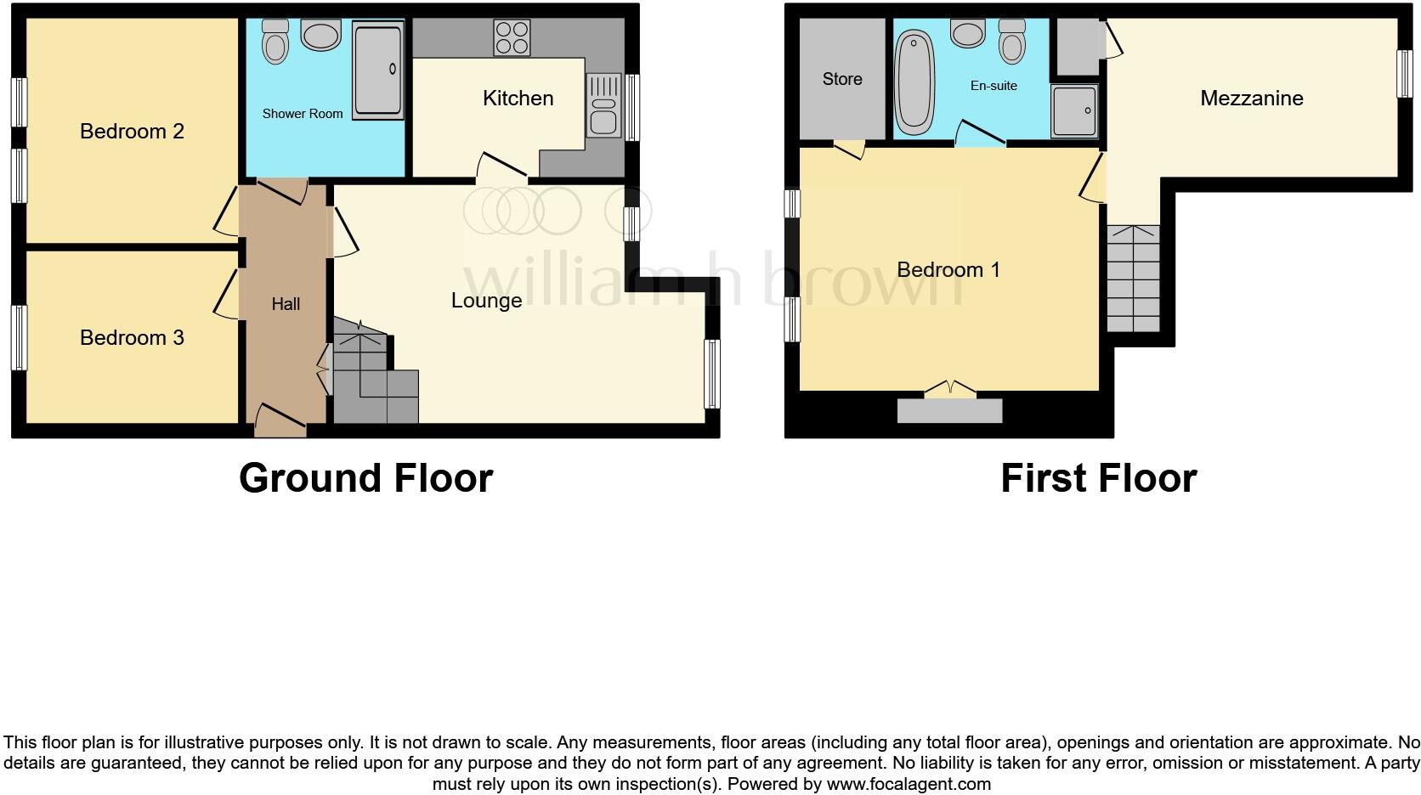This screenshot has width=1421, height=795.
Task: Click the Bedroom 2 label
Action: [x=132, y=132]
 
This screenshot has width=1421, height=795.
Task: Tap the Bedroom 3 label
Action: [x=132, y=338]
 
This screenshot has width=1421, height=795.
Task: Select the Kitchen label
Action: [x=518, y=99]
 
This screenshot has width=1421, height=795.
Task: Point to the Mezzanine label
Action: [x=1251, y=99]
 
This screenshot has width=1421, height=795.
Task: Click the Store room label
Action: [x=841, y=79]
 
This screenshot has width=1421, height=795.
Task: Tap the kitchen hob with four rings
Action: [x=512, y=37]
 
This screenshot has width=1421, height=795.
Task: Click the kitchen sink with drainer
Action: [x=603, y=105]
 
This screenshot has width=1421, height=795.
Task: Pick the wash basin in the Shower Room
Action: [x=320, y=36]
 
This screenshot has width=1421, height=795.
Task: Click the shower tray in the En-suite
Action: [x=1074, y=110]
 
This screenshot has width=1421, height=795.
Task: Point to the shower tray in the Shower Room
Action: [x=377, y=70]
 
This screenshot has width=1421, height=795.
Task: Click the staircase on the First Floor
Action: [x=1133, y=279]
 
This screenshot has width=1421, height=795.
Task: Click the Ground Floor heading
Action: [x=365, y=478]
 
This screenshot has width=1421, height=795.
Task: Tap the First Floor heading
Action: [x=1098, y=478]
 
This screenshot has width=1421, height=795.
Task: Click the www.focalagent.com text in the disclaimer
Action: [x=909, y=784]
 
